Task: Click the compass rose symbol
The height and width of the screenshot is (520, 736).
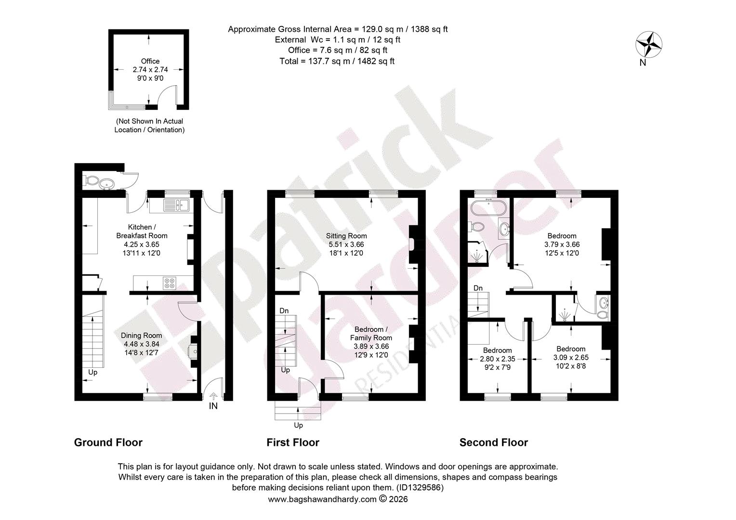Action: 649,44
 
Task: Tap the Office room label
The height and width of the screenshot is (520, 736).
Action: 150,61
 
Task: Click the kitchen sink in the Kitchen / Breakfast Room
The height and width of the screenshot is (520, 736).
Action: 176,205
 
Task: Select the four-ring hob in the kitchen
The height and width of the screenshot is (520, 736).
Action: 170,283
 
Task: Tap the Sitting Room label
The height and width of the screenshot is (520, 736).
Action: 346,236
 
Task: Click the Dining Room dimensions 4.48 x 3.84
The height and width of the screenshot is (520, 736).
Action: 142,344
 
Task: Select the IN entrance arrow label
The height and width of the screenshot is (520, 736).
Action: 213,406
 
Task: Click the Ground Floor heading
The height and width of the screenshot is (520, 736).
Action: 108,442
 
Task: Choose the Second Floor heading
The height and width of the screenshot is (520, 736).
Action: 494,442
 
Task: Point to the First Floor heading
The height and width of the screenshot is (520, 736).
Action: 293,442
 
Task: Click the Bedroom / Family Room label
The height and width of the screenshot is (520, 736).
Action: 371,333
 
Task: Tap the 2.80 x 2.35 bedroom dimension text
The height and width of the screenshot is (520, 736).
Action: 498,359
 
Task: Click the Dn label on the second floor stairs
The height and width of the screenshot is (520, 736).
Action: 478,288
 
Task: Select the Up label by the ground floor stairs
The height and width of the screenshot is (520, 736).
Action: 92,373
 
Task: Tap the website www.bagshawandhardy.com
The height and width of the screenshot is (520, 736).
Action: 322,499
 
